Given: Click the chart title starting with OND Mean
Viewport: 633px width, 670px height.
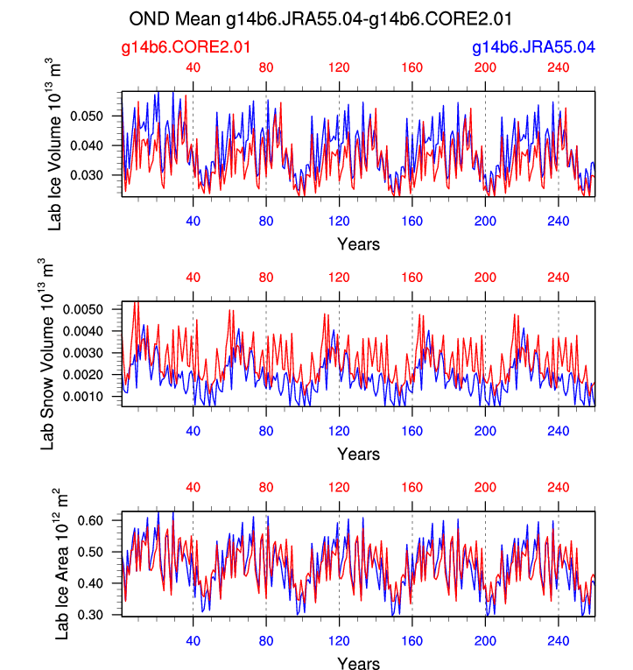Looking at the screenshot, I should point(320,18).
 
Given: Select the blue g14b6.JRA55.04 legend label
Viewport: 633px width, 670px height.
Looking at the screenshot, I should point(533,46).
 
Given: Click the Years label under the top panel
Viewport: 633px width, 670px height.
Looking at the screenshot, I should point(358,244).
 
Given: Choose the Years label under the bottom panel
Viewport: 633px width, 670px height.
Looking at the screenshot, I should point(358,663).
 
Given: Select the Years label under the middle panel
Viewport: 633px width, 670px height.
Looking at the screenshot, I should point(358,454).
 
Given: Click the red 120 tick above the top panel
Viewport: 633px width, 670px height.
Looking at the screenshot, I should point(340,67).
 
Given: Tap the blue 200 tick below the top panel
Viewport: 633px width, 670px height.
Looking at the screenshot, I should point(485,221).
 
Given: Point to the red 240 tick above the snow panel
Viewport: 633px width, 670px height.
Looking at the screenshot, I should point(559,278).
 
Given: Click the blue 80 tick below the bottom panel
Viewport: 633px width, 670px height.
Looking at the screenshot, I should point(267,640).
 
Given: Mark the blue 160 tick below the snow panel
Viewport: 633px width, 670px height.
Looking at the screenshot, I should point(412,430).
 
